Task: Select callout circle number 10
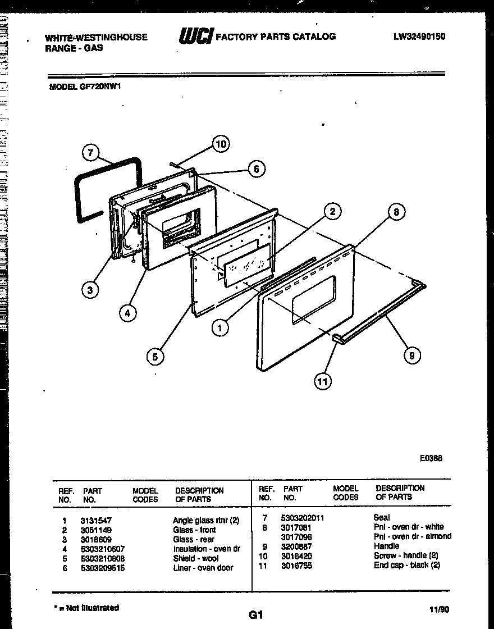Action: [x=222, y=144]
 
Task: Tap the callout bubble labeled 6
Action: [x=257, y=168]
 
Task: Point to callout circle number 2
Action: [x=332, y=211]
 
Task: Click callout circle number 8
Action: [x=396, y=212]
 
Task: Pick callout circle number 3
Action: [x=90, y=290]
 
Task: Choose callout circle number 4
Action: [x=128, y=313]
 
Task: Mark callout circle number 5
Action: [x=155, y=355]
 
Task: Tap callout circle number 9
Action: [x=412, y=354]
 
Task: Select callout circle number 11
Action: [x=322, y=382]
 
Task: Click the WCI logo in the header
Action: [x=196, y=37]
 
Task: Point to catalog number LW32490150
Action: [x=419, y=37]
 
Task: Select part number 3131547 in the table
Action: [x=95, y=521]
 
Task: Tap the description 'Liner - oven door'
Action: [x=203, y=568]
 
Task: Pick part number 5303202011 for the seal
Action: [x=304, y=518]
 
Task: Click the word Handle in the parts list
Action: [x=386, y=546]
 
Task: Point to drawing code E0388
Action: [x=431, y=458]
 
